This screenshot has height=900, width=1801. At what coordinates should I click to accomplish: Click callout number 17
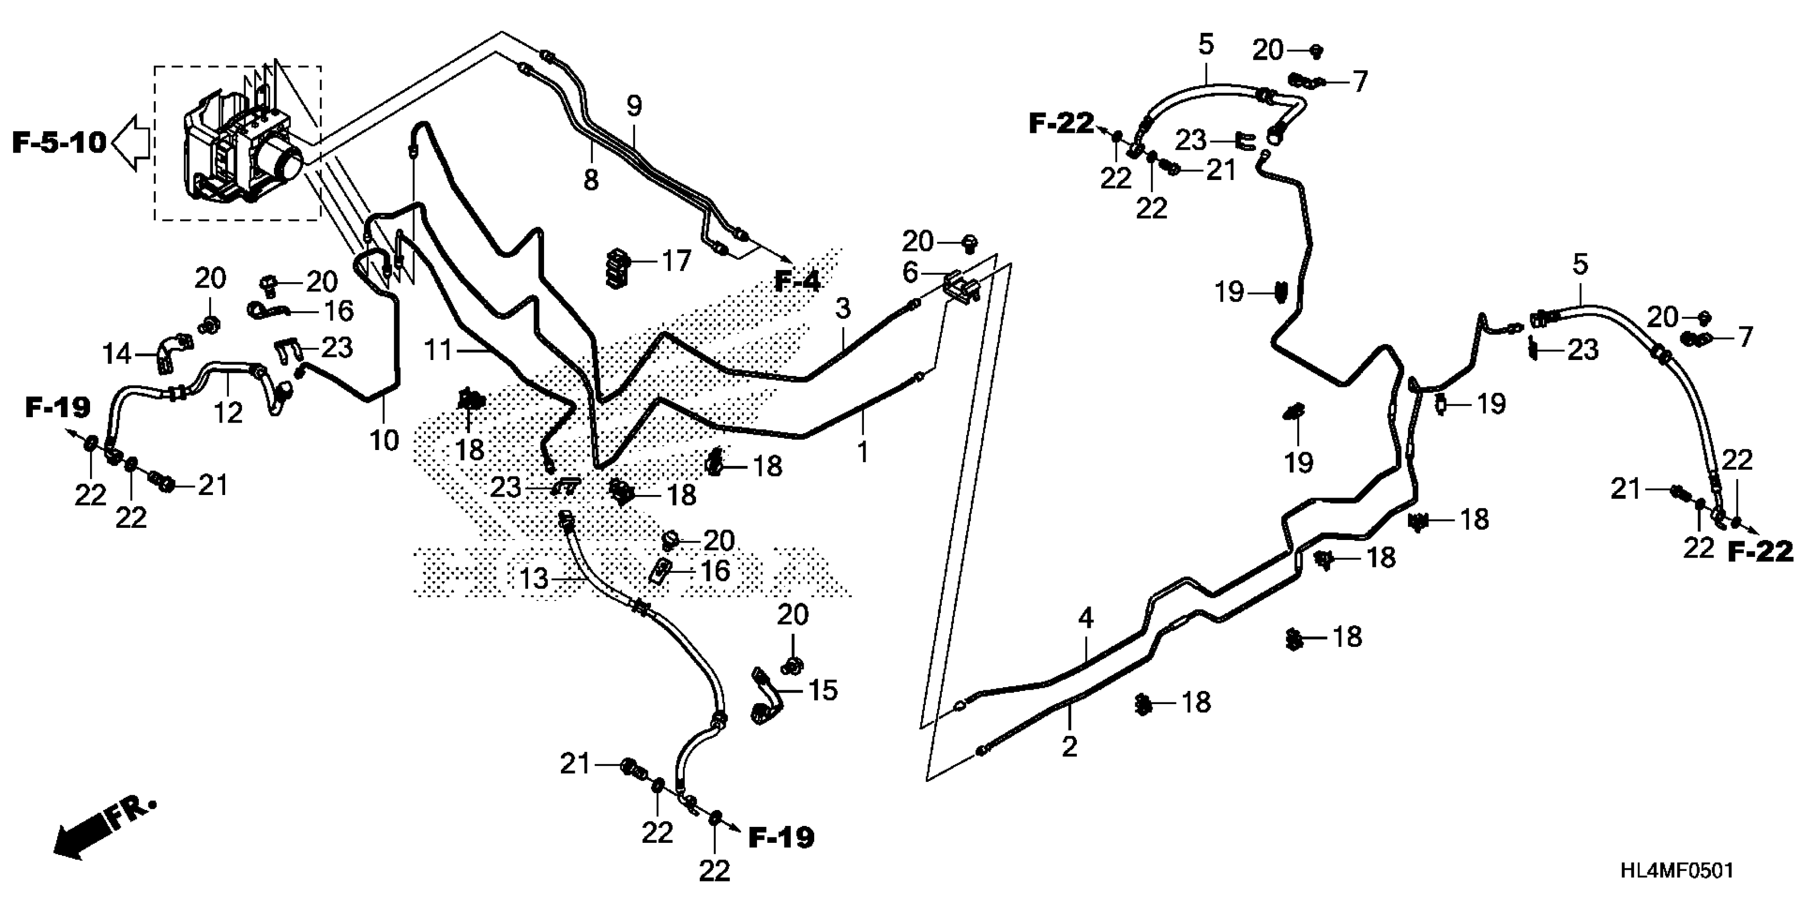click(676, 262)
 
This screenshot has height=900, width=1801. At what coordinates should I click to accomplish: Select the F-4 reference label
click(797, 282)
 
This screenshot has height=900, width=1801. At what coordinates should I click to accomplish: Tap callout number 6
click(910, 273)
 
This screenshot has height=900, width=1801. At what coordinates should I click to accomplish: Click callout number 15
click(822, 690)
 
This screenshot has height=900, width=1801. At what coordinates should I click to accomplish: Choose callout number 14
click(117, 354)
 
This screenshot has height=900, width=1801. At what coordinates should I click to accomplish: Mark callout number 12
click(228, 412)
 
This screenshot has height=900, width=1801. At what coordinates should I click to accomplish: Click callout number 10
click(384, 440)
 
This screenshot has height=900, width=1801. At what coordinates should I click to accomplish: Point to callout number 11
click(439, 349)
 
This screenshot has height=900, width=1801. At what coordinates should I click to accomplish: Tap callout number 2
click(1069, 747)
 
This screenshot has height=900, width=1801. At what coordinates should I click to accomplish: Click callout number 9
click(634, 106)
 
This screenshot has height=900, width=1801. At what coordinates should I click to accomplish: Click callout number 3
click(843, 308)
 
